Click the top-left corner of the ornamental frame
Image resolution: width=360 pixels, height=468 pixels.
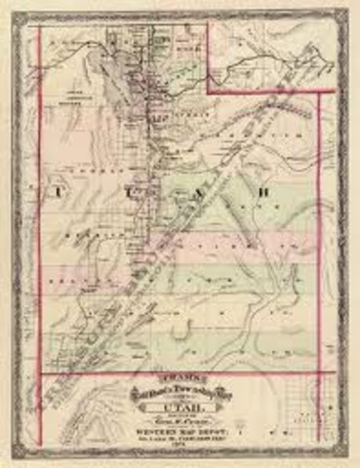tap(16, 14)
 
